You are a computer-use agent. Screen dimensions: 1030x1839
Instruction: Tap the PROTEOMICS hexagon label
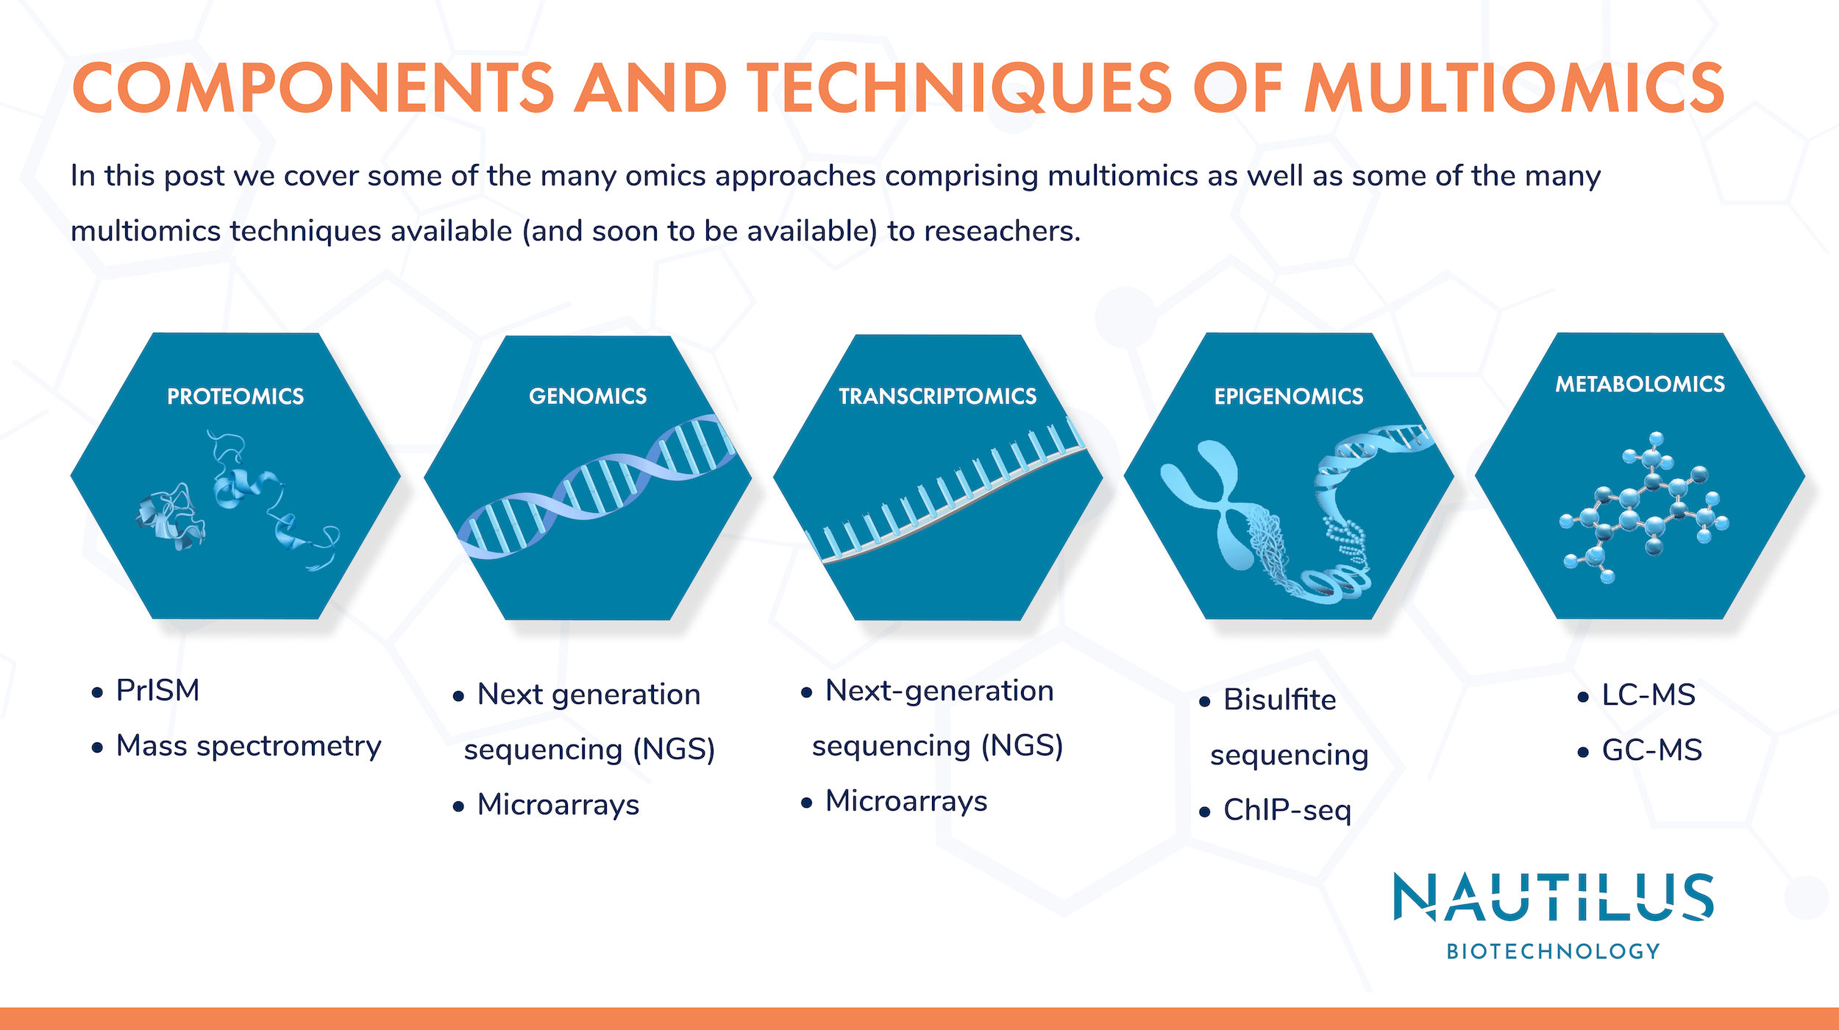coord(235,397)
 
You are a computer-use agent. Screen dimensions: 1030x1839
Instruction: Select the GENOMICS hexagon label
coord(588,396)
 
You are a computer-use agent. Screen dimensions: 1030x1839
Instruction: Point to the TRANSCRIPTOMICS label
coord(938,397)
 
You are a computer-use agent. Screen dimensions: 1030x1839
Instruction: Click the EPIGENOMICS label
coord(1289,397)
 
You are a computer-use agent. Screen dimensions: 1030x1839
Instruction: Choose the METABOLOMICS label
coord(1640,384)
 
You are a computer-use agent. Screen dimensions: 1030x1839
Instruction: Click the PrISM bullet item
coord(157,690)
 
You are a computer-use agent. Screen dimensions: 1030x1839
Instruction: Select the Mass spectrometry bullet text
coord(249,746)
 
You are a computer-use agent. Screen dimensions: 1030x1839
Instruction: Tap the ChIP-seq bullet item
coord(1287,810)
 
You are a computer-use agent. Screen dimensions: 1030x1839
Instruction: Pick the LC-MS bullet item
coord(1648,695)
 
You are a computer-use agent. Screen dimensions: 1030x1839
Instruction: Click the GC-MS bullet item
coord(1652,750)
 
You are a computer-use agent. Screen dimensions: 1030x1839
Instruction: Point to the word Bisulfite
coord(1279,699)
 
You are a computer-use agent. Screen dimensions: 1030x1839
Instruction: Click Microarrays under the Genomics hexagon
coord(558,804)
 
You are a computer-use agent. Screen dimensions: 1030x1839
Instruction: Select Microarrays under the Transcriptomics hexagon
coord(906,800)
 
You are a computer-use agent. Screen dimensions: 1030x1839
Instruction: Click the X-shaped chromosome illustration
coord(1206,500)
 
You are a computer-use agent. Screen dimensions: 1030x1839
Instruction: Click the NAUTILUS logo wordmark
coord(1554,897)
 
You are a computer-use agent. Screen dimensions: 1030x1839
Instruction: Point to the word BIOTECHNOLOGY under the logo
coord(1554,951)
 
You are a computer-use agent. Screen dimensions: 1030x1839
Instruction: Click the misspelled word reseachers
coord(1002,231)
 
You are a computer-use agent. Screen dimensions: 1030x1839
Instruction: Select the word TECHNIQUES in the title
coord(959,88)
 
